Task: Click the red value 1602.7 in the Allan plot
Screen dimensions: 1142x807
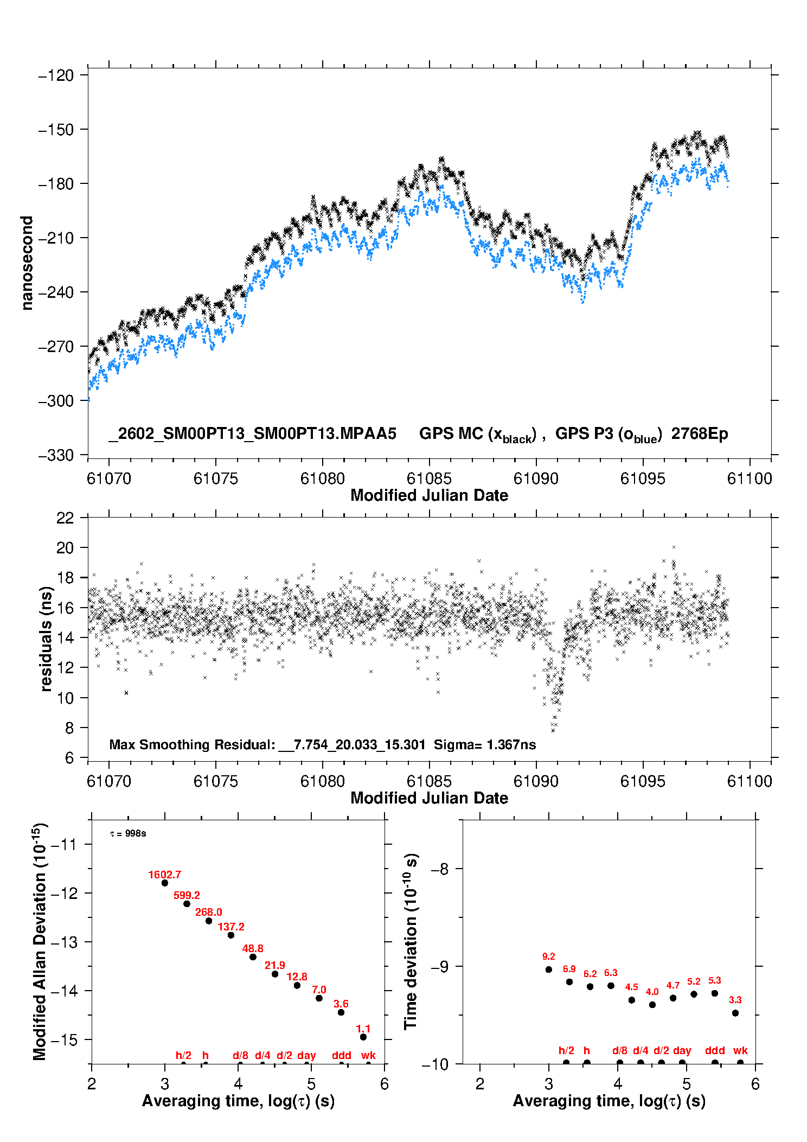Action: point(164,875)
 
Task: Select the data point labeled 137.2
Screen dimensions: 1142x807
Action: point(231,935)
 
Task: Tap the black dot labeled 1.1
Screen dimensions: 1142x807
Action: point(363,1037)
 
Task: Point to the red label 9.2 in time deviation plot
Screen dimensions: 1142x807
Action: point(548,956)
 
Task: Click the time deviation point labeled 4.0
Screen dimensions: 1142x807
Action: point(652,1005)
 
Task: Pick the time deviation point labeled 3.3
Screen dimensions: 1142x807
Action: point(735,1013)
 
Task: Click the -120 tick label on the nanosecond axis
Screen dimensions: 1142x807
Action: point(56,75)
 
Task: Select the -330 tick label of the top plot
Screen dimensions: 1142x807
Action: point(56,455)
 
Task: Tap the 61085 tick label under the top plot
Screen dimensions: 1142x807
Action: point(429,479)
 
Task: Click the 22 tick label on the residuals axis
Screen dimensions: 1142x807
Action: point(65,518)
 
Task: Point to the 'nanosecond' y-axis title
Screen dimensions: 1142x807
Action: point(27,263)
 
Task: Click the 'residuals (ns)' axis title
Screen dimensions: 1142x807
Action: point(47,639)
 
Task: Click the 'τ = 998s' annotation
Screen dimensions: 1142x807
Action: point(128,833)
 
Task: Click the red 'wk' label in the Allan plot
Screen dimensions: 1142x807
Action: point(368,1055)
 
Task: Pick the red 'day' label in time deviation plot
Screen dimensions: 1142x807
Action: point(682,1050)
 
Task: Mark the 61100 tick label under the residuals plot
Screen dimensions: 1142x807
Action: point(750,781)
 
